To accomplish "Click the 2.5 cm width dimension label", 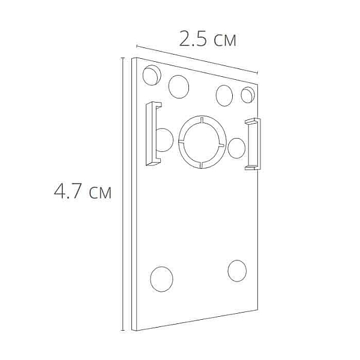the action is [x=208, y=38].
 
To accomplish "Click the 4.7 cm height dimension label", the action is [x=82, y=191].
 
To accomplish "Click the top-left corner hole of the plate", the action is [x=152, y=75].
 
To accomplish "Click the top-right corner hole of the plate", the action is [x=248, y=95].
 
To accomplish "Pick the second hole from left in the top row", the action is [x=179, y=86].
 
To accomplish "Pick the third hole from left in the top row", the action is [x=224, y=95].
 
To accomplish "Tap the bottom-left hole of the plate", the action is [x=161, y=279].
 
